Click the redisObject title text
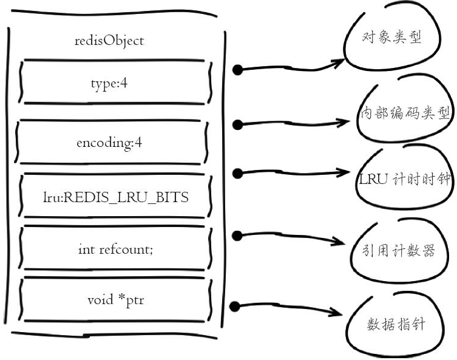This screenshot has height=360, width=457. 109,41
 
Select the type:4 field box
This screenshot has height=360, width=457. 109,83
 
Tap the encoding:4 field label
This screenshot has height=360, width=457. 109,143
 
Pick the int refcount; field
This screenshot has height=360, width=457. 115,249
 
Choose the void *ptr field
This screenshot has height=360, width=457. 115,300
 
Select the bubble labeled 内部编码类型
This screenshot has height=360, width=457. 404,114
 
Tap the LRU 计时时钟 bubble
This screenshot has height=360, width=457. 404,180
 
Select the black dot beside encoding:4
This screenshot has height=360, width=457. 239,125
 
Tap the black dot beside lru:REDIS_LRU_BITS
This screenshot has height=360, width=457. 239,174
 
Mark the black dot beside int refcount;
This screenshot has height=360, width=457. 239,235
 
